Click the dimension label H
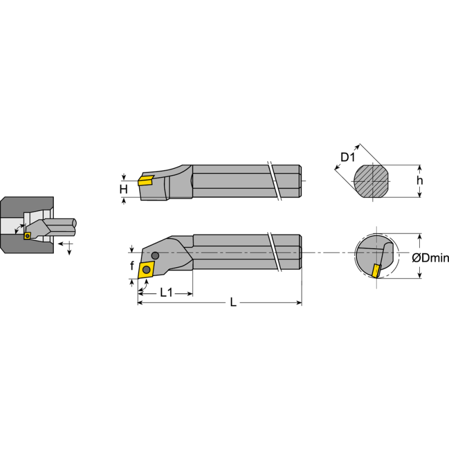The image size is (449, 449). (123, 189)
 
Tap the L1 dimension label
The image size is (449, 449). (166, 292)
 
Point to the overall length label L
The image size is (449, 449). (232, 303)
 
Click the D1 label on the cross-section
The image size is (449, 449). (348, 158)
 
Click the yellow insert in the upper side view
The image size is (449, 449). (146, 180)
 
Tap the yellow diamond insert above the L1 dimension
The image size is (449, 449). (146, 269)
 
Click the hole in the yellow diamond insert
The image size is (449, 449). (146, 269)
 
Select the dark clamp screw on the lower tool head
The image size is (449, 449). (154, 256)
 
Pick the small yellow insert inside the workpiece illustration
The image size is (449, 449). (27, 236)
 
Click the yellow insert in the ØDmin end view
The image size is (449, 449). (375, 270)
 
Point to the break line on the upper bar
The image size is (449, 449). (275, 181)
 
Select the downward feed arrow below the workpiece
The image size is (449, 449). (69, 250)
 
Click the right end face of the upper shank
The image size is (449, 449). (301, 181)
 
